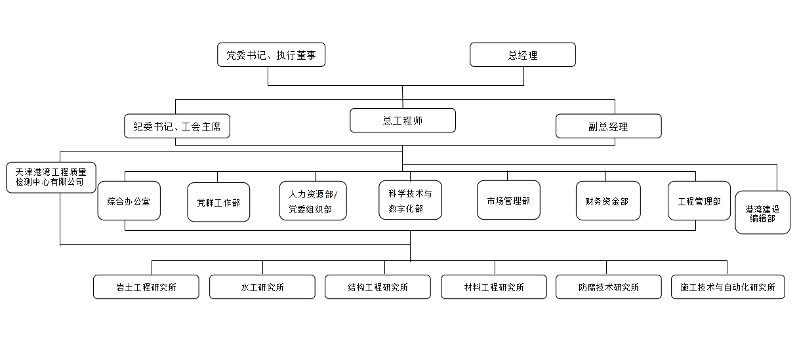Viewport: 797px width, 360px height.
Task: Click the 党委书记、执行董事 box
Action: click(271, 55)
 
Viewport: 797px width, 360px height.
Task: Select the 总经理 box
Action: click(523, 55)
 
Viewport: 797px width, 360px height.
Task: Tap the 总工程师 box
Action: click(403, 121)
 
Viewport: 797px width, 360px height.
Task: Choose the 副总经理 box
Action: click(609, 126)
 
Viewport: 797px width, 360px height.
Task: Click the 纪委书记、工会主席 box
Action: click(177, 126)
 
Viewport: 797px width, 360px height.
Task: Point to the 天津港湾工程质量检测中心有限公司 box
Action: click(51, 178)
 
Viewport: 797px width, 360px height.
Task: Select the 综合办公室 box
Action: click(129, 201)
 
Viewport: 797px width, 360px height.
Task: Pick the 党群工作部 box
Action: click(218, 202)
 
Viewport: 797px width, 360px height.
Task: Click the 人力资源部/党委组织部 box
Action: click(313, 201)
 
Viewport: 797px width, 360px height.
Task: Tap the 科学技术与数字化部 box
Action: click(410, 200)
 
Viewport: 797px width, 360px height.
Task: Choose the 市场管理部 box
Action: click(509, 200)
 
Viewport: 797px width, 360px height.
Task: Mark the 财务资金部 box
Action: click(609, 201)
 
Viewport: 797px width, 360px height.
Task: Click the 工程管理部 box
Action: click(699, 201)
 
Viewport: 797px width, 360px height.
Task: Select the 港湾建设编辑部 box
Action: click(762, 212)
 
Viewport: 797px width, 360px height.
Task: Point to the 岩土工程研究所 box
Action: click(146, 287)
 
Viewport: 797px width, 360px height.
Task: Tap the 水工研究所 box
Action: click(262, 287)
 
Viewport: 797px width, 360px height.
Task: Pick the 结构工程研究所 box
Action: click(378, 287)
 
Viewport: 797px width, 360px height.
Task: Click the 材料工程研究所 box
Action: click(494, 287)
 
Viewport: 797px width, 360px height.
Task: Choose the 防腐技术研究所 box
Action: click(609, 287)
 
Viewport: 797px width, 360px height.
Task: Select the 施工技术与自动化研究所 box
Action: click(728, 287)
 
